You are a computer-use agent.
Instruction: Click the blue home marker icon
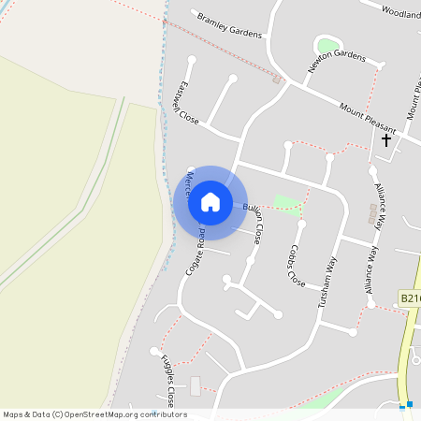coord(210,202)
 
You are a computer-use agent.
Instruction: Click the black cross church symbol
coord(385,140)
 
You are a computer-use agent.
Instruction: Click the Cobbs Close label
coord(296,265)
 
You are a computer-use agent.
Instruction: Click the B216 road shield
coord(410,298)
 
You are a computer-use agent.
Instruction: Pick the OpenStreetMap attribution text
coord(95,414)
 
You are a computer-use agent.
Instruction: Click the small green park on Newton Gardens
coord(327,45)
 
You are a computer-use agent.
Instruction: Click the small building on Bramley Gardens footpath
coord(276,80)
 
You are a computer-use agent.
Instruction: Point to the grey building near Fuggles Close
coord(196,385)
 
